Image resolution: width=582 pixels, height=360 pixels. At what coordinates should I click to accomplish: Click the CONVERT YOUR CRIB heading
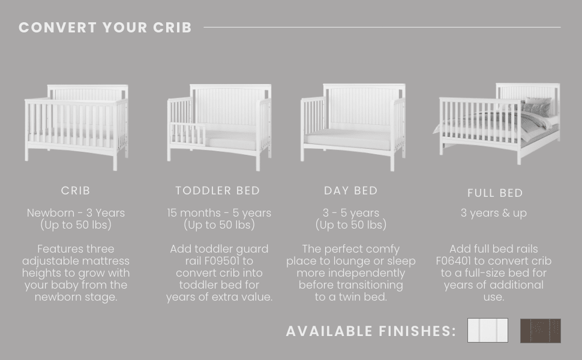(105, 28)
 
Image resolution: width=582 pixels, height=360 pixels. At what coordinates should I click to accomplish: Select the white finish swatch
(487, 331)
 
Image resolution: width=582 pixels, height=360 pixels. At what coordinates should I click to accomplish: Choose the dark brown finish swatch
(540, 331)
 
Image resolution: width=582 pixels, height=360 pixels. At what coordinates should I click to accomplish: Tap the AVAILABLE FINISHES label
(371, 331)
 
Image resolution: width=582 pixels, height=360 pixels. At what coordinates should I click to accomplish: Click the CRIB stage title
(76, 191)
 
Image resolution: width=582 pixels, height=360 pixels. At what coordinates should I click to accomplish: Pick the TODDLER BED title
(218, 191)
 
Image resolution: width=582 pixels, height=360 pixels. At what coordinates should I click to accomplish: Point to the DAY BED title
(351, 191)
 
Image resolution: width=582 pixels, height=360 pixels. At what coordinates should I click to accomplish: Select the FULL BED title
(495, 193)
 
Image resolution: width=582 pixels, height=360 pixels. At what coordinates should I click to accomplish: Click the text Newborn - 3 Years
(76, 213)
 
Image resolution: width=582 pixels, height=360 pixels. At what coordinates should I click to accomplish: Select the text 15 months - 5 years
(219, 213)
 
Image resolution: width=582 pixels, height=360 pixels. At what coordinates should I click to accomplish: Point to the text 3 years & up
(494, 214)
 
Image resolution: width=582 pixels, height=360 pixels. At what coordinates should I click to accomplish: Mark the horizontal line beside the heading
(382, 27)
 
